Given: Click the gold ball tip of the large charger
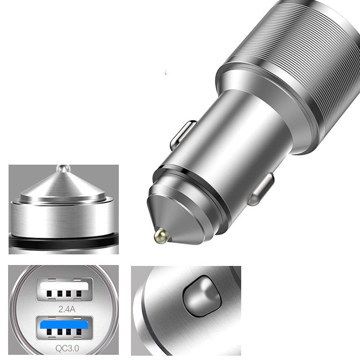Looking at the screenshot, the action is point(162,236).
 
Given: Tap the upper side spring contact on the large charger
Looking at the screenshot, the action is point(183,135).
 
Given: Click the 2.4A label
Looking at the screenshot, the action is point(67,309).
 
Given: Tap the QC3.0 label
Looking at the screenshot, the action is point(67,348).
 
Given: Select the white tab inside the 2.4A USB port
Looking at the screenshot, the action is point(64,286).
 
